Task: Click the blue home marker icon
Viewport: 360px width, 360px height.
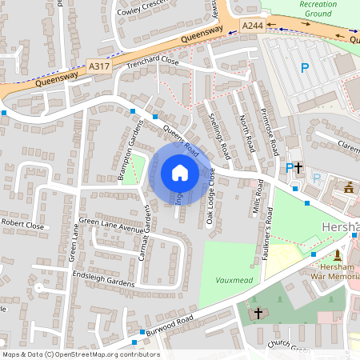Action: click(x=179, y=173)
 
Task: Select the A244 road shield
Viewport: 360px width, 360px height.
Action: click(x=252, y=26)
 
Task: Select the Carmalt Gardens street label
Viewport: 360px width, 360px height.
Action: click(x=147, y=226)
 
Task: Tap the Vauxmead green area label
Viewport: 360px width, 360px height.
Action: click(x=234, y=281)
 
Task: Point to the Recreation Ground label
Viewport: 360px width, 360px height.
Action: click(x=318, y=9)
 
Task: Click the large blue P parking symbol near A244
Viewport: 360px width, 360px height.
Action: click(x=304, y=69)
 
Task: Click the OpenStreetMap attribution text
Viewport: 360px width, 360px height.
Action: click(x=80, y=354)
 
